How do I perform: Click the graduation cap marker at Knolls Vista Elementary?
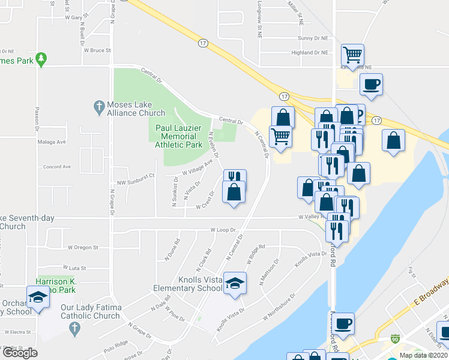(235, 283)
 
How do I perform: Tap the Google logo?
(20, 353)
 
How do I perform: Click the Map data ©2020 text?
(423, 355)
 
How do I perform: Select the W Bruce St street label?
(97, 50)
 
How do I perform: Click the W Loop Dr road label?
(224, 230)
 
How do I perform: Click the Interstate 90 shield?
(394, 340)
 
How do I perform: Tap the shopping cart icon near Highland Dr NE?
(352, 55)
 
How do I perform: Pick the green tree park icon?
(41, 59)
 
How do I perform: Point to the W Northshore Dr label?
(280, 309)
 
